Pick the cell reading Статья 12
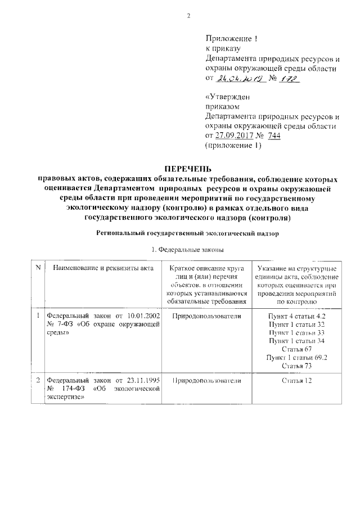pyautogui.click(x=296, y=381)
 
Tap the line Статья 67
pyautogui.click(x=296, y=349)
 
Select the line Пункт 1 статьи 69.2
pyautogui.click(x=296, y=358)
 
